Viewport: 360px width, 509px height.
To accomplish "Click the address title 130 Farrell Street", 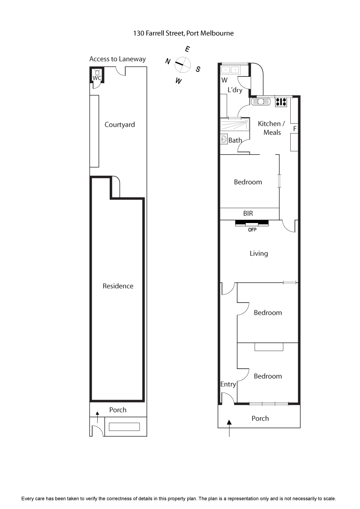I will click(x=183, y=33).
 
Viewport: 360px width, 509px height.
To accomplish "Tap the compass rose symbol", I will click(x=182, y=64).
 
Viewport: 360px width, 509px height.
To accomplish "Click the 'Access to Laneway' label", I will click(x=117, y=59).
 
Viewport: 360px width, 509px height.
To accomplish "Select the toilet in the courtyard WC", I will click(x=97, y=72).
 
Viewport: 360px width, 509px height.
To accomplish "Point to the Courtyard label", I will click(x=120, y=125).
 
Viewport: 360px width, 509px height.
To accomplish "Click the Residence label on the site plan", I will click(x=118, y=286).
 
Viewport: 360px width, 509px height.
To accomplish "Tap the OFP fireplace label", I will click(x=252, y=229).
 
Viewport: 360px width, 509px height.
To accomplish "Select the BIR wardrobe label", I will click(x=248, y=214).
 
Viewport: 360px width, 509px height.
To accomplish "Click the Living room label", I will click(x=259, y=253).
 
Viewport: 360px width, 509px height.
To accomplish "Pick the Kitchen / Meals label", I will click(x=271, y=128).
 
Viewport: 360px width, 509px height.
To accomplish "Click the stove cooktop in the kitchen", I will click(x=281, y=102).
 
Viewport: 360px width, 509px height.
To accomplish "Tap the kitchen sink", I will click(x=261, y=102).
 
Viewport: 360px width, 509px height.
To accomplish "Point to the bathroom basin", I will click(x=224, y=140).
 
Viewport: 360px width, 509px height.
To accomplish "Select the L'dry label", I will click(x=235, y=90).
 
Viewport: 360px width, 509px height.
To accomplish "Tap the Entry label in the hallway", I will click(x=228, y=384).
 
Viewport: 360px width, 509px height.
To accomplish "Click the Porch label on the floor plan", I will click(x=260, y=418).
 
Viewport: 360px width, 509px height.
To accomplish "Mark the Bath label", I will click(x=235, y=140).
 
